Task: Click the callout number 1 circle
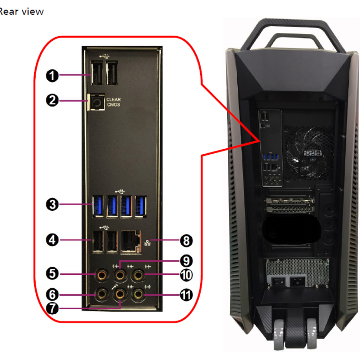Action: point(52,76)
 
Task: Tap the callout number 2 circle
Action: point(52,101)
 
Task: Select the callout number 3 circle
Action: point(52,204)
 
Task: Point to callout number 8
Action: point(186,241)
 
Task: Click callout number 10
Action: point(186,275)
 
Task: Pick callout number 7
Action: point(52,308)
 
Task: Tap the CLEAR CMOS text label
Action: point(114,102)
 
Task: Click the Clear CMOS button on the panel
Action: point(96,102)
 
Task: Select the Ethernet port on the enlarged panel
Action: point(131,242)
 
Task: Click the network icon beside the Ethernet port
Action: point(147,243)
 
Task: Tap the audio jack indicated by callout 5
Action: point(102,274)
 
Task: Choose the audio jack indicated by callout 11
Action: point(138,294)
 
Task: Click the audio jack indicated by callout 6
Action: point(102,294)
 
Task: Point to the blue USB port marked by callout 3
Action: point(98,206)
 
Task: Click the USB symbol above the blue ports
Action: point(120,191)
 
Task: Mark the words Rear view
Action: point(21,12)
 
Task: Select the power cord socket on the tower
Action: point(298,281)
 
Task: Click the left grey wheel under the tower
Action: point(279,334)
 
